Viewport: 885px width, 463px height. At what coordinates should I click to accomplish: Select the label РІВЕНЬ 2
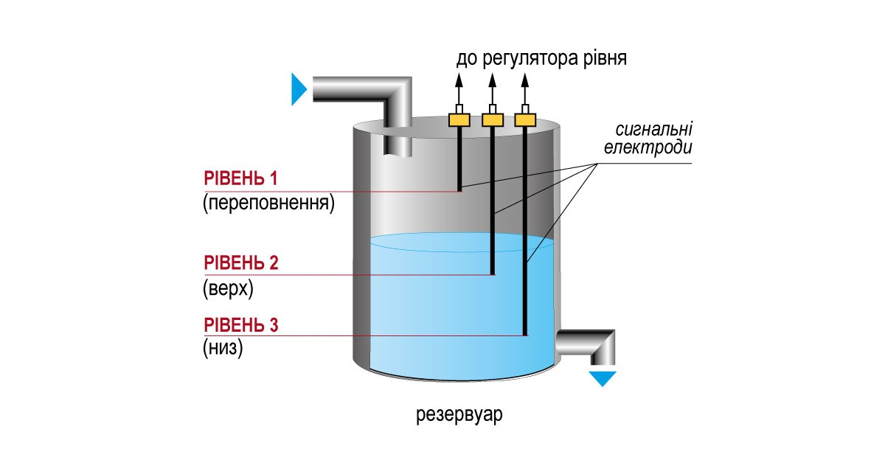click(240, 263)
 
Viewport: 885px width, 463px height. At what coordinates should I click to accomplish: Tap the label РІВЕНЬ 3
click(240, 325)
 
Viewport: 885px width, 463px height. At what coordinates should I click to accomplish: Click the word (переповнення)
click(268, 202)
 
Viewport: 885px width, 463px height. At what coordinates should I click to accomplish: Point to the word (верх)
click(228, 287)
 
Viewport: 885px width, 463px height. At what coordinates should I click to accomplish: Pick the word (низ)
click(223, 349)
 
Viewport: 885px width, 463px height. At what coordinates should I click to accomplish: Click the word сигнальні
click(652, 130)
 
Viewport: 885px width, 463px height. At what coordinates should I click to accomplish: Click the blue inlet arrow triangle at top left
click(299, 89)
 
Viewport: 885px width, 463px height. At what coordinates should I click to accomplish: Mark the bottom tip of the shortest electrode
click(459, 189)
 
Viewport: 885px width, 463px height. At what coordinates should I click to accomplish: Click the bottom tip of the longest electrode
click(525, 334)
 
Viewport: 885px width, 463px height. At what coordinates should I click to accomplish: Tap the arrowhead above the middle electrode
click(493, 80)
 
